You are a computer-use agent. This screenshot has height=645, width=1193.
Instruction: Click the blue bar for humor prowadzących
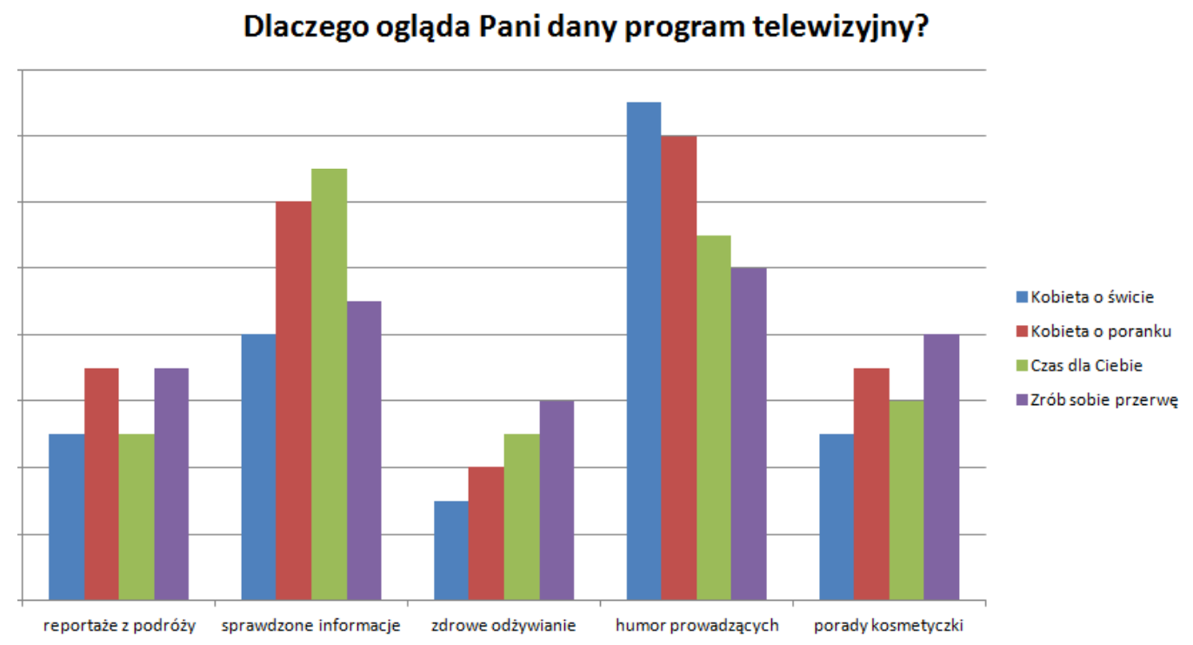coord(643,351)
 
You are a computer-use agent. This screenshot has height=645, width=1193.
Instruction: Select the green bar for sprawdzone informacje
coord(329,384)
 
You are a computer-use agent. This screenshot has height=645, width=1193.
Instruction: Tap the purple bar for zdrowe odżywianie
coord(557,501)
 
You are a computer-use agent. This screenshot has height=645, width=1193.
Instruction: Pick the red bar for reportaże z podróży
coord(102,484)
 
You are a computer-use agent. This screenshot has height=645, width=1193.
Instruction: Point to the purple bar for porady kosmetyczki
coord(941,468)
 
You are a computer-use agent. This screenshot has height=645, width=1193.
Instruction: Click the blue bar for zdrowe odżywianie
coord(450,550)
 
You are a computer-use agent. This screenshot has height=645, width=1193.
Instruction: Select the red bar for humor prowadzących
coord(678,368)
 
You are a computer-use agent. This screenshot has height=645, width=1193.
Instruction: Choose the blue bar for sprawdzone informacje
coord(258,468)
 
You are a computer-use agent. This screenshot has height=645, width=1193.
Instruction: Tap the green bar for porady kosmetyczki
coord(906,501)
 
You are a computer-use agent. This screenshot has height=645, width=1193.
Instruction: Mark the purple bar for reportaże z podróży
coord(171,484)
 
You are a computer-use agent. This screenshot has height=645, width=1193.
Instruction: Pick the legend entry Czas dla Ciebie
coord(1086,365)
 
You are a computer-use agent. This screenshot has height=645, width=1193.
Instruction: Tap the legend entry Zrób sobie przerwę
coord(1103,400)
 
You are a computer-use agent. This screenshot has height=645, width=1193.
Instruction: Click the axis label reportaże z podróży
coord(120,625)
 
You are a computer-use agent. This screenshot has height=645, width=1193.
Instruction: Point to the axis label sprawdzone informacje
coord(310,625)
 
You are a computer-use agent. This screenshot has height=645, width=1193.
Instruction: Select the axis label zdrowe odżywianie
coord(503,625)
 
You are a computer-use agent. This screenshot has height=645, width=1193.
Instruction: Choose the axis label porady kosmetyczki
coord(889,625)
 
